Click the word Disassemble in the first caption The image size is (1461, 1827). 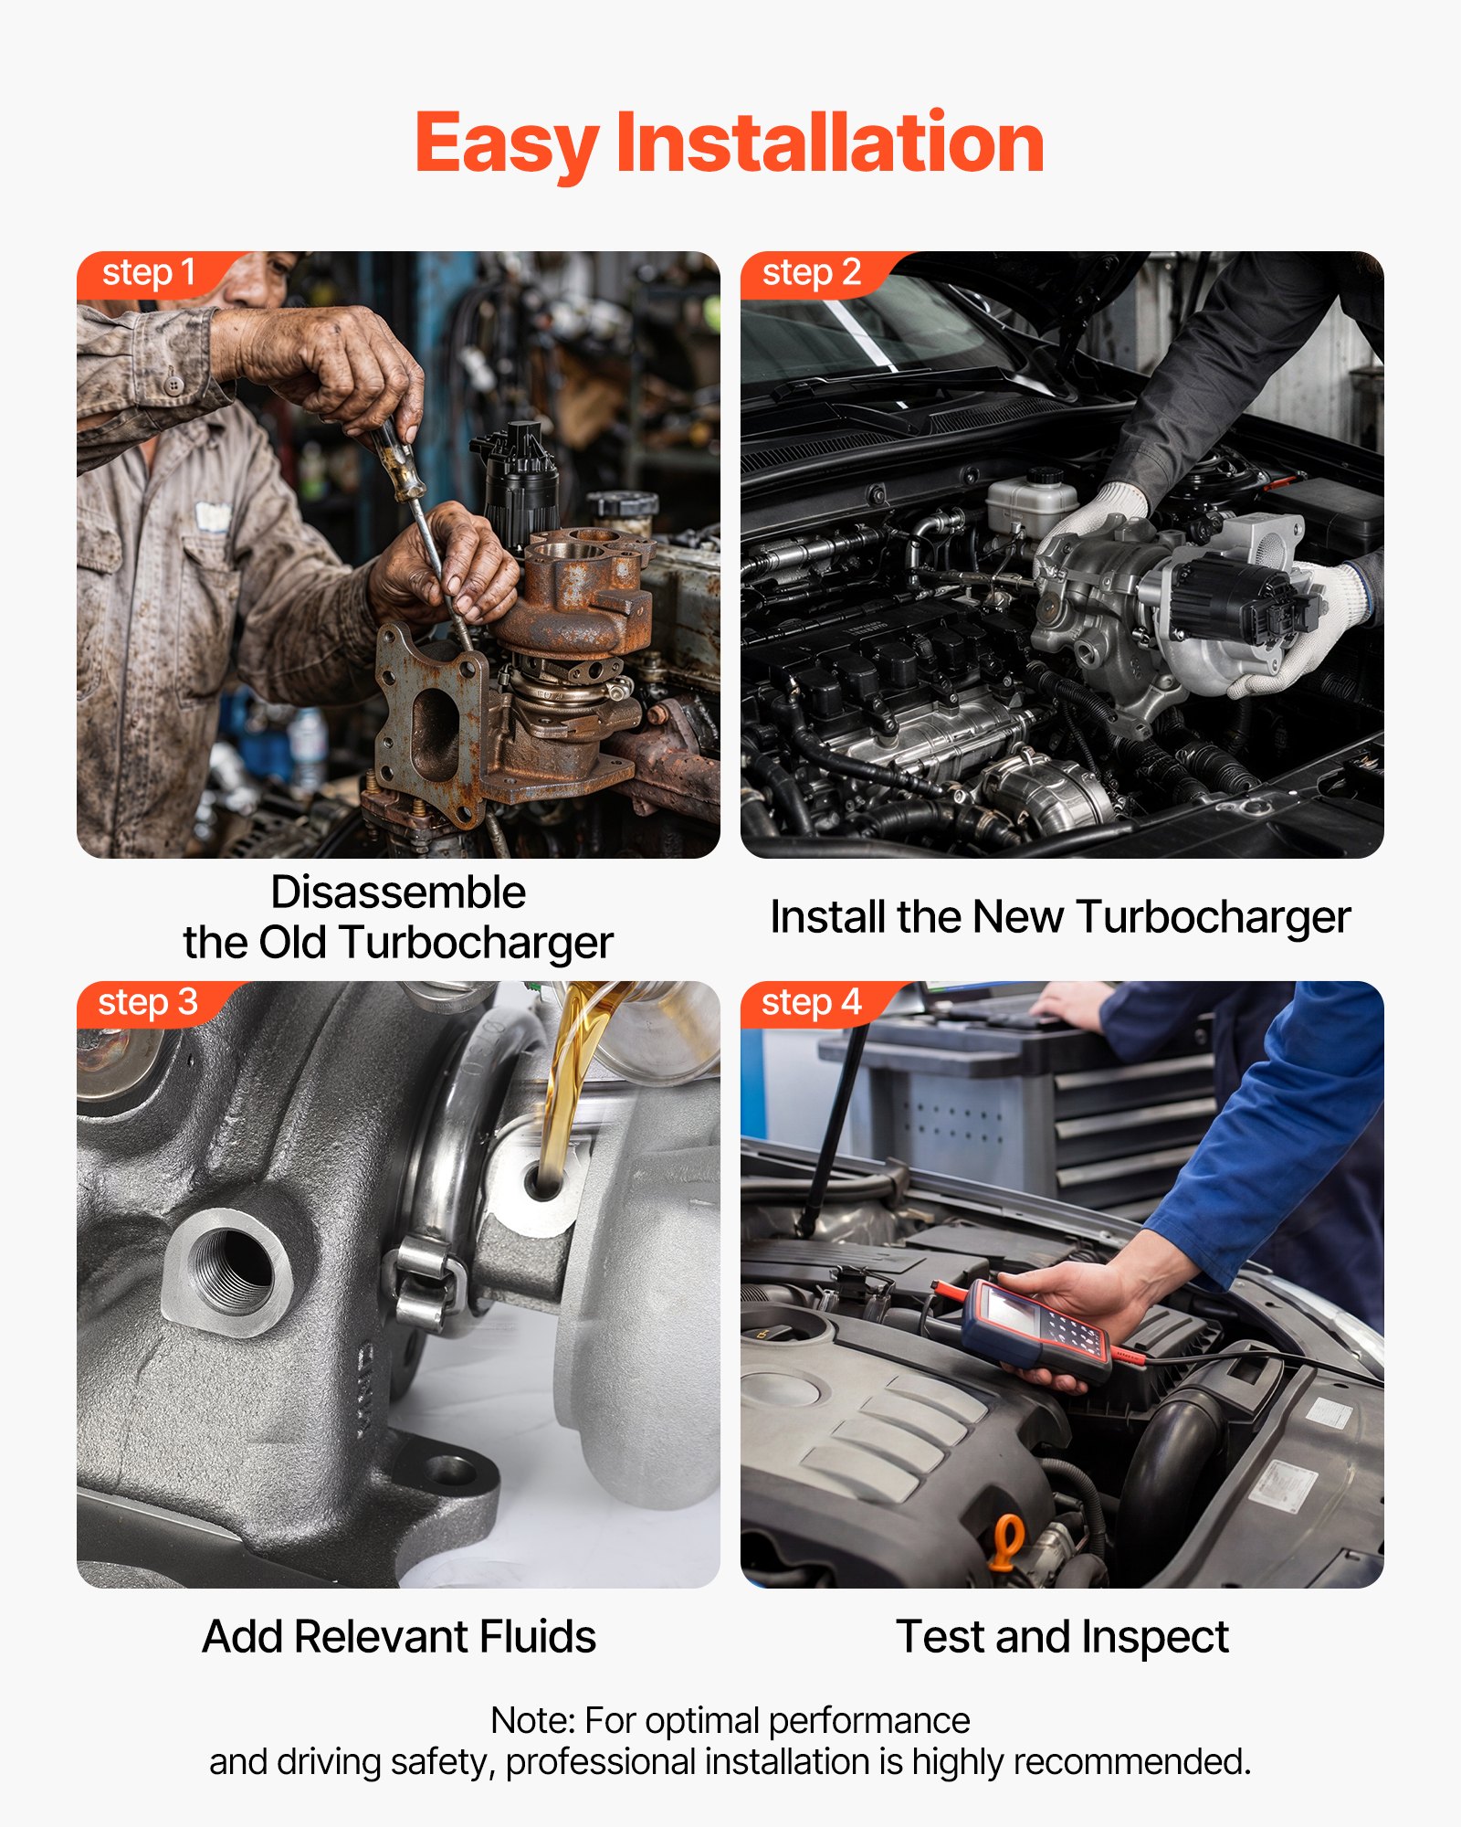[x=398, y=892]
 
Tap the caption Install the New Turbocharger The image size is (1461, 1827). [x=1060, y=918]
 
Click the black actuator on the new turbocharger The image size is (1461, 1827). [x=1242, y=603]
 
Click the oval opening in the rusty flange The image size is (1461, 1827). [x=436, y=735]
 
